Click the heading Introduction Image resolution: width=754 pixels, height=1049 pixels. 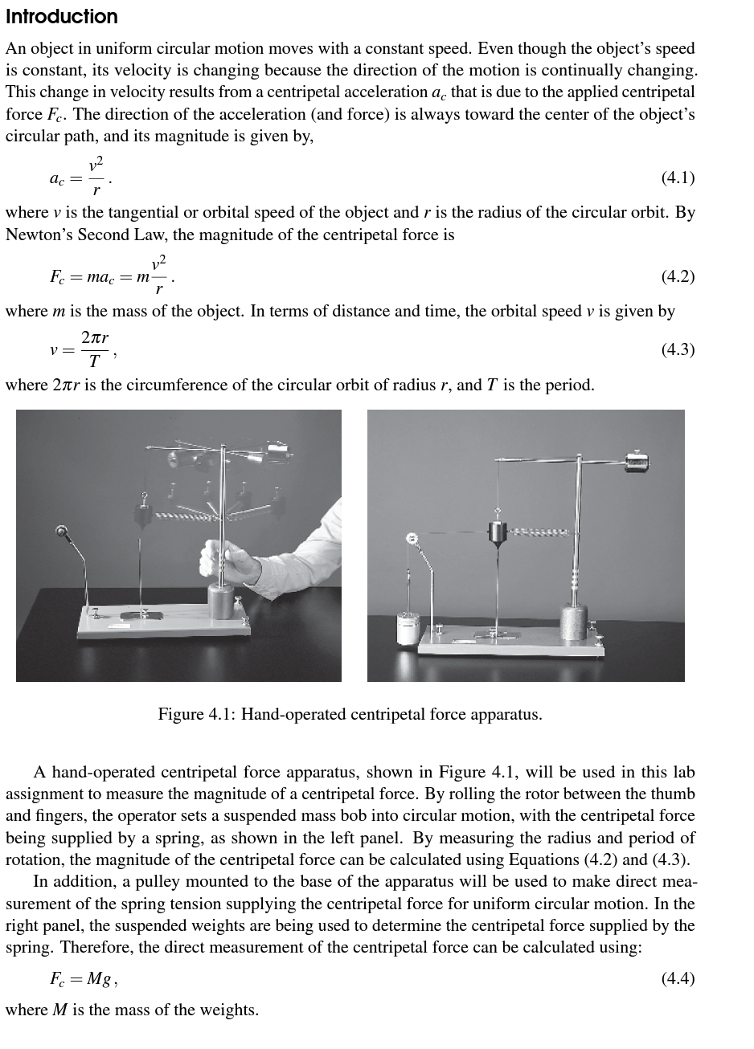click(x=61, y=17)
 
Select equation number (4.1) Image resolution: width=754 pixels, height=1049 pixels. click(x=677, y=178)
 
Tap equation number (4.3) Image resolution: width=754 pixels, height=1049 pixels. click(x=677, y=349)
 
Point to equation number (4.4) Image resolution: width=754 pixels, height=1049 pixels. click(x=677, y=978)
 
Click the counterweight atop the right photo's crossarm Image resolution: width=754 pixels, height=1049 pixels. click(x=637, y=461)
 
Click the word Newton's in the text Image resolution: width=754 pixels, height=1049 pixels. click(x=36, y=235)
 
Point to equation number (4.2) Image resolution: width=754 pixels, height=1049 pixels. click(x=677, y=276)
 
